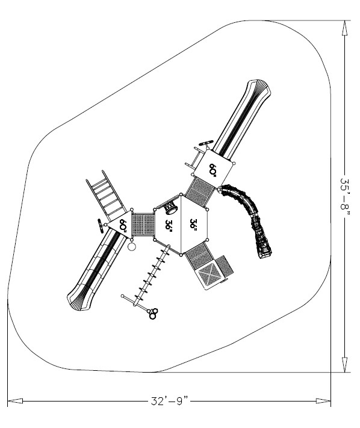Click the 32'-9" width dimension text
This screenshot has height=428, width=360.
pyautogui.click(x=170, y=401)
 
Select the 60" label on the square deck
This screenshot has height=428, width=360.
pyautogui.click(x=213, y=170)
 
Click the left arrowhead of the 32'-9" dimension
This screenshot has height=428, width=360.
pyautogui.click(x=15, y=401)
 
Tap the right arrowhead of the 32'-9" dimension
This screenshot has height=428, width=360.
pyautogui.click(x=323, y=401)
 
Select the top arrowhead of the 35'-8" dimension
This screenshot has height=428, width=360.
pyautogui.click(x=345, y=28)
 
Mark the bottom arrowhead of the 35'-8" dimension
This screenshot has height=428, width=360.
pyautogui.click(x=345, y=365)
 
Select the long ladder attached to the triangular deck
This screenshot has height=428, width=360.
pyautogui.click(x=107, y=196)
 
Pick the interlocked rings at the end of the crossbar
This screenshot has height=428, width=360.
pyautogui.click(x=154, y=314)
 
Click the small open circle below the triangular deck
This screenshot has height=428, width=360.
pyautogui.click(x=132, y=246)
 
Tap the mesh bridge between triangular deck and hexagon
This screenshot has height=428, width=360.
pyautogui.click(x=143, y=225)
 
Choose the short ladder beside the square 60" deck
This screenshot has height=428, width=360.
pyautogui.click(x=194, y=158)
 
